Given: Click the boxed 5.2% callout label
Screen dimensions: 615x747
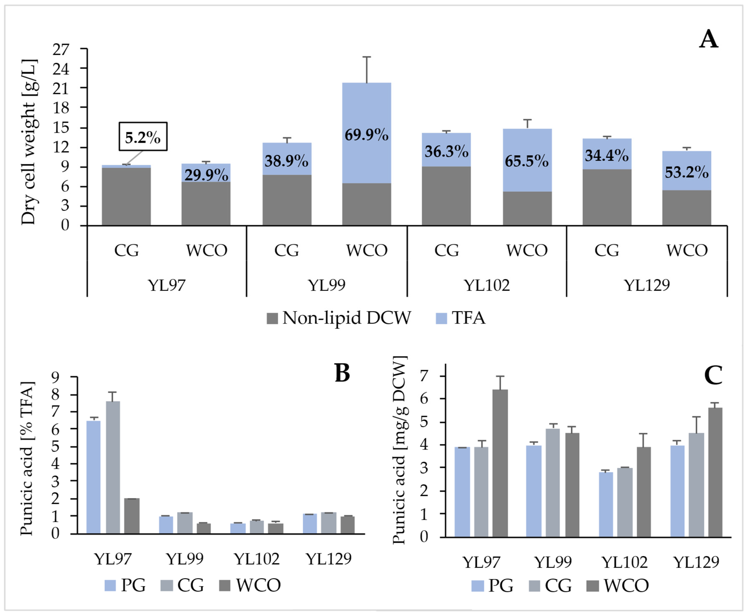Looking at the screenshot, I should coord(143,137).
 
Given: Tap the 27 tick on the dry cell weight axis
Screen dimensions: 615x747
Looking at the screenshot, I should coord(61,50).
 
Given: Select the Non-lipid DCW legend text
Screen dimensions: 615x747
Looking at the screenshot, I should coord(346,318).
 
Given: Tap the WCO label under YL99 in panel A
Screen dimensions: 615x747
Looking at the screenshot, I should coord(367,250).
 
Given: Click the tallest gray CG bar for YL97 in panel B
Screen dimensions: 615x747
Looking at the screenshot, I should coord(113,468).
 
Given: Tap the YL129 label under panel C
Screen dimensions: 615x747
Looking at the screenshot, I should coord(696,562).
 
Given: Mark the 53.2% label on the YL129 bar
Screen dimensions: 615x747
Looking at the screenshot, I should coord(686,172).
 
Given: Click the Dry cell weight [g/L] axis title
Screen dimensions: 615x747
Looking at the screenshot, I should coord(29,142).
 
